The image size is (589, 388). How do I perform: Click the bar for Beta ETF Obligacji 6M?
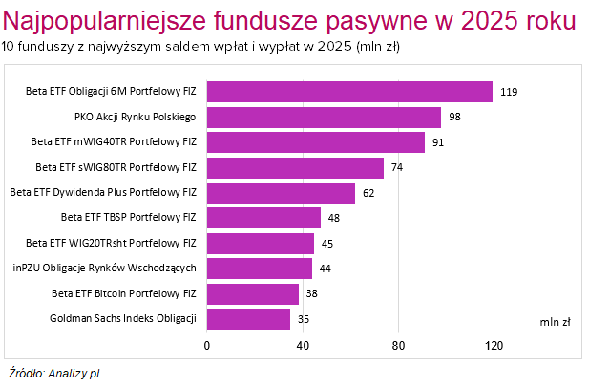(x=349, y=92)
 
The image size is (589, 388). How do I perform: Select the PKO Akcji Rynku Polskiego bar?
(x=324, y=118)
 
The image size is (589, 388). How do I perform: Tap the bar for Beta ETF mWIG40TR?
(x=316, y=142)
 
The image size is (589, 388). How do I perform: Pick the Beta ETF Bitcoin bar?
(x=253, y=293)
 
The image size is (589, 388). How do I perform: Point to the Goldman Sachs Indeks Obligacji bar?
(x=248, y=318)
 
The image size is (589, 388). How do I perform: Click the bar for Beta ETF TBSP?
(x=264, y=218)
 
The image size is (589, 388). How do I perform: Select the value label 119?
(x=509, y=92)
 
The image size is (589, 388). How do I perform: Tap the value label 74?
(x=397, y=168)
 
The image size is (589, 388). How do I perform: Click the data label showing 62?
(x=368, y=193)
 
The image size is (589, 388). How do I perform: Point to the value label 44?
(x=325, y=269)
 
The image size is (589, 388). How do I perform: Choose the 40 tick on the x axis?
(x=303, y=345)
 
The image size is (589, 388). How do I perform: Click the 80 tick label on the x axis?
(x=398, y=345)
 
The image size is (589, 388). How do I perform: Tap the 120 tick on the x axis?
(x=494, y=345)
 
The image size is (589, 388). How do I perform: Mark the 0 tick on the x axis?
(x=207, y=345)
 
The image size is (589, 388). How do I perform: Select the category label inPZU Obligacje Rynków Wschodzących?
(x=105, y=269)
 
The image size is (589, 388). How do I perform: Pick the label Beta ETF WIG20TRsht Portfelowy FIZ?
(x=111, y=243)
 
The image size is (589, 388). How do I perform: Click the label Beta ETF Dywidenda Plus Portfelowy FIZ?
(x=103, y=193)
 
